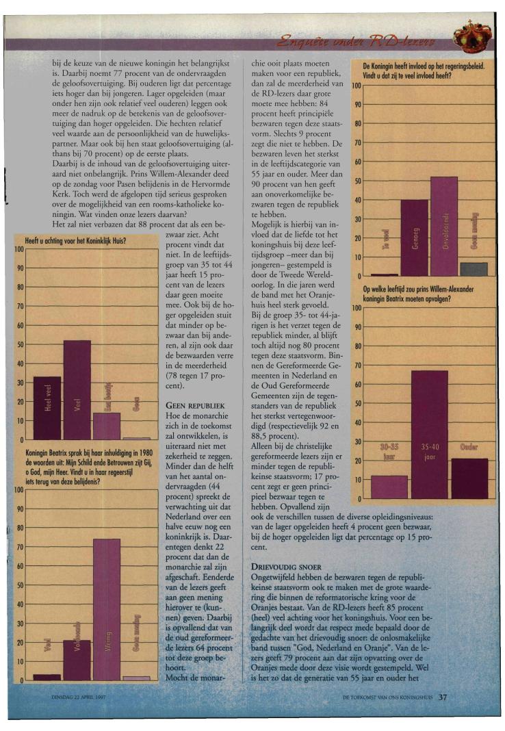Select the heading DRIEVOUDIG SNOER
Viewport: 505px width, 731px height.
point(280,567)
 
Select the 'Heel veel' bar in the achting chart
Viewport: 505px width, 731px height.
point(47,407)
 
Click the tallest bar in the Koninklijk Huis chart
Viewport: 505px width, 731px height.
point(77,389)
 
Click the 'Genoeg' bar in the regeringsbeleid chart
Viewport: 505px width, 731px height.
point(414,238)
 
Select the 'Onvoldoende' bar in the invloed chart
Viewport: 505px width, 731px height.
point(443,226)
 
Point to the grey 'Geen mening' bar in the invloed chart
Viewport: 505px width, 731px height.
point(474,269)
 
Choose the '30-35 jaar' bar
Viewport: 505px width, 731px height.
point(389,487)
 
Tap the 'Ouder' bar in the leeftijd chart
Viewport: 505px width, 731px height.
point(469,478)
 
